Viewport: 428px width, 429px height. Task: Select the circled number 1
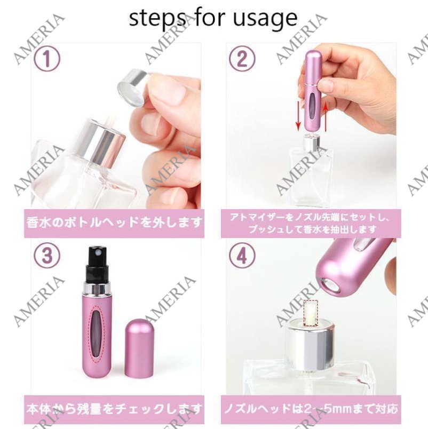coord(47,58)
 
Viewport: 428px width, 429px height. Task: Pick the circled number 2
coord(242,58)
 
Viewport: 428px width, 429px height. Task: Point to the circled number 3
coord(47,255)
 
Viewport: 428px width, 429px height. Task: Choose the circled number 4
coord(242,255)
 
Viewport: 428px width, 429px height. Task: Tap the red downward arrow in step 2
coord(298,115)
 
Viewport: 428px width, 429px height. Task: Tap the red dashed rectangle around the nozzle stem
coord(311,313)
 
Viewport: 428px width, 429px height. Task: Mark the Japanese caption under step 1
coord(114,223)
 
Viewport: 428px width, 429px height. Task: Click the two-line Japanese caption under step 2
coord(310,223)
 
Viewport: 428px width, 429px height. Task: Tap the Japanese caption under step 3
coord(114,409)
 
